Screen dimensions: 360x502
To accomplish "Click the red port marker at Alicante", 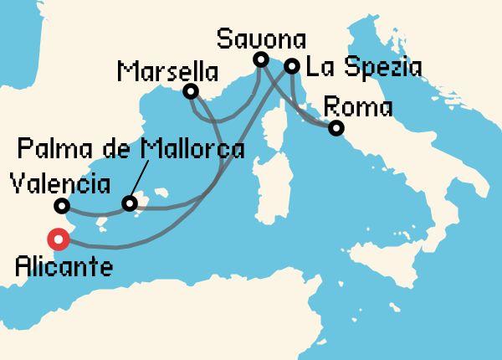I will pos(59,239).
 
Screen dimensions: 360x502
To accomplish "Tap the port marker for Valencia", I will pos(61,205).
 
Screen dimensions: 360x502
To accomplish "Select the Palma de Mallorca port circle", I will pos(129,203).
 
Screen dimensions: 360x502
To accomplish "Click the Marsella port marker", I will pos(191,90).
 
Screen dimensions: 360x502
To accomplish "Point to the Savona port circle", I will pos(260,59).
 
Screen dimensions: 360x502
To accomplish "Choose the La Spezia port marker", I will pos(292,65).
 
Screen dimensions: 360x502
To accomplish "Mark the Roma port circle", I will pos(336,128).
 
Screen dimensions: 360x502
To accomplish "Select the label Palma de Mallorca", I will pos(130,151).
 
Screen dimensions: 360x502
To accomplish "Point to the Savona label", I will pos(261,38).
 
